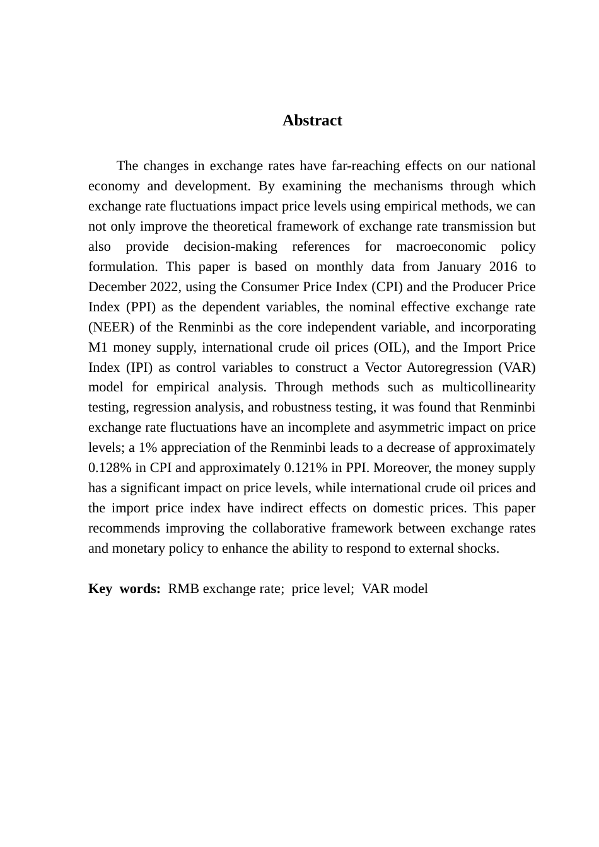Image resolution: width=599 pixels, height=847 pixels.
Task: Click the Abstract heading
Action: click(312, 120)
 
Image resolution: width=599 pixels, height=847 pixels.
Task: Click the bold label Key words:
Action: click(124, 589)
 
